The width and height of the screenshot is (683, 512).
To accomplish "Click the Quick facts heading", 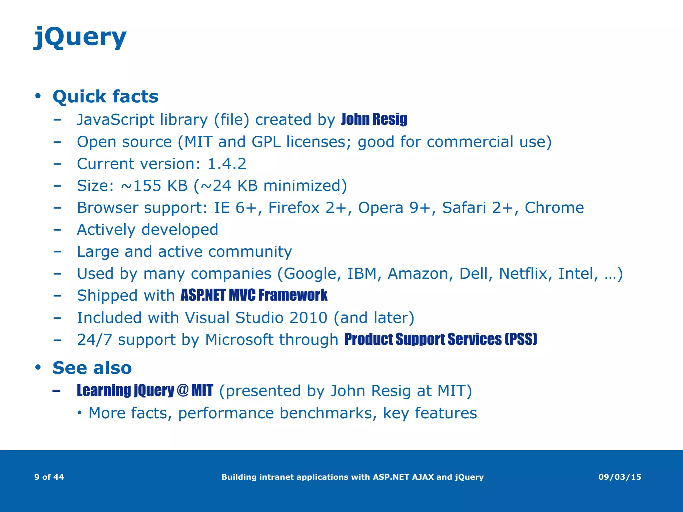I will [x=105, y=97].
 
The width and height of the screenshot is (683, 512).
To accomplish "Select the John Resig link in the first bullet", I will [x=374, y=119].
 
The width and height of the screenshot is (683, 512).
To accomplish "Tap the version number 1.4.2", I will [x=227, y=164].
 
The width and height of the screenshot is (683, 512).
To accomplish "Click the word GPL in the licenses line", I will [x=266, y=142].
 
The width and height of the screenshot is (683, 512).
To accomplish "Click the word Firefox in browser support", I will [x=294, y=208].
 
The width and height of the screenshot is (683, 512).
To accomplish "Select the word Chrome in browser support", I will [x=554, y=208].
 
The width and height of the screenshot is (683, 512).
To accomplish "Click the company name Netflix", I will [x=523, y=274].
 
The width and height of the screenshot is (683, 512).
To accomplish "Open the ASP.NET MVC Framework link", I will [x=254, y=295].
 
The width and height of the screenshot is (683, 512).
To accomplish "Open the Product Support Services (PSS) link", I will [x=441, y=339].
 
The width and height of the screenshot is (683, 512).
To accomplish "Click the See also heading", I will [x=92, y=368].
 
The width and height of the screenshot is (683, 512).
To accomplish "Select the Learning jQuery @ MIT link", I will [x=145, y=391].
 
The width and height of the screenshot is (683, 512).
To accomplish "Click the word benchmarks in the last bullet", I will [x=328, y=413].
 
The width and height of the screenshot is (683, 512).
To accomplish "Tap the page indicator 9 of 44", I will [x=49, y=477].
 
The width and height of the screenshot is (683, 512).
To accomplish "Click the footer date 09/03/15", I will [x=620, y=477].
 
